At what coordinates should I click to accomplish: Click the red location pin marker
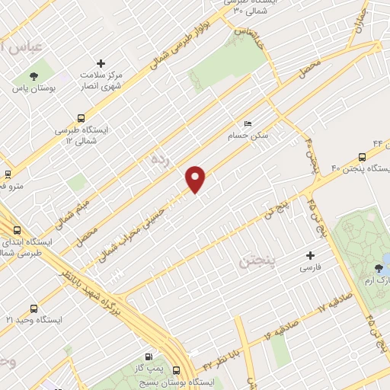pos(196,178)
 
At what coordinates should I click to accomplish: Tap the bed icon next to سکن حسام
pos(247,123)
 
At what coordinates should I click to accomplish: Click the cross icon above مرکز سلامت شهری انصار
pos(101,63)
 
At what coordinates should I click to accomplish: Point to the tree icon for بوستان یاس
pos(33,75)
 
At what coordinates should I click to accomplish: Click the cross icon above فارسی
pos(309,255)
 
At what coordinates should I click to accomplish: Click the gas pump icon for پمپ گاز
pos(148,356)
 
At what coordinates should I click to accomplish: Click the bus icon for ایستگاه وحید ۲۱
pos(32,308)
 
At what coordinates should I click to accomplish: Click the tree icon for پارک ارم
pos(379,267)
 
